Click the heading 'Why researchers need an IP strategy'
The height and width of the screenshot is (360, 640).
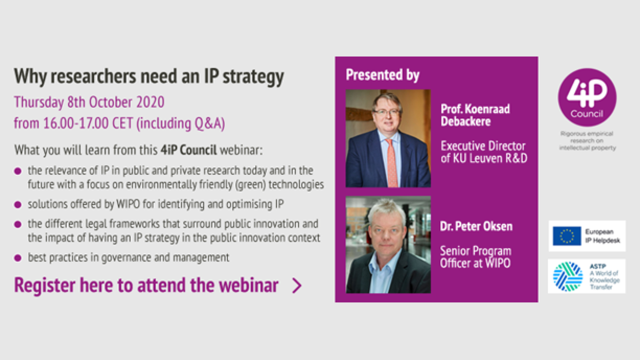149,77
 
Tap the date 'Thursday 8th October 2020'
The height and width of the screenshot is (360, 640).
89,102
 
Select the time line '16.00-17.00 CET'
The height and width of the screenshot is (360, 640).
88,123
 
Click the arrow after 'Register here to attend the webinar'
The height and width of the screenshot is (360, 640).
297,286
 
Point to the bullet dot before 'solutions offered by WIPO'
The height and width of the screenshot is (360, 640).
18,205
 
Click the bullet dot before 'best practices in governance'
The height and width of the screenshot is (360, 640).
18,258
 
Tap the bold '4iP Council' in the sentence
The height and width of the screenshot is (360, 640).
189,150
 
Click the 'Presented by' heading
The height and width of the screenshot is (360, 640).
382,75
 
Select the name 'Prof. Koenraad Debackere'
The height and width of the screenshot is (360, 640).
475,115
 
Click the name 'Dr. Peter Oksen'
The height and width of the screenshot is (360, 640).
476,226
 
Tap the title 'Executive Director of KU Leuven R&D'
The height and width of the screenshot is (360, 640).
484,152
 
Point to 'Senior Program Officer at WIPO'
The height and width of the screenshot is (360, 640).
476,257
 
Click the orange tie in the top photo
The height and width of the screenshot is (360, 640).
391,162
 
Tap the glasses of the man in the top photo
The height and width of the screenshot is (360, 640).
387,112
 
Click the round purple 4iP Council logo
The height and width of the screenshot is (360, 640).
587,98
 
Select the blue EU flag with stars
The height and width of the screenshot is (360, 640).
567,236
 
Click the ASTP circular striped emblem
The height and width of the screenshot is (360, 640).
567,276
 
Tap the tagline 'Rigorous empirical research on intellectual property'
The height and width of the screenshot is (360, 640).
587,141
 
